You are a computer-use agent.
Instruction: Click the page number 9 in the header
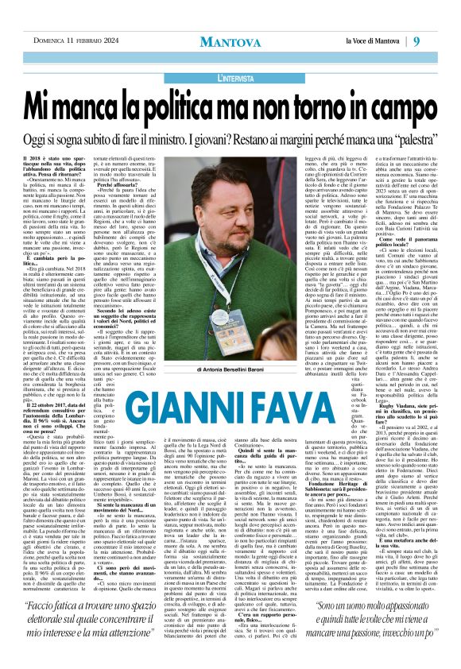[439, 19]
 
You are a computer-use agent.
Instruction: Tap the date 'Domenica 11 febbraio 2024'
[61, 19]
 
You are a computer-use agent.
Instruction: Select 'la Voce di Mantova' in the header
[385, 19]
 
